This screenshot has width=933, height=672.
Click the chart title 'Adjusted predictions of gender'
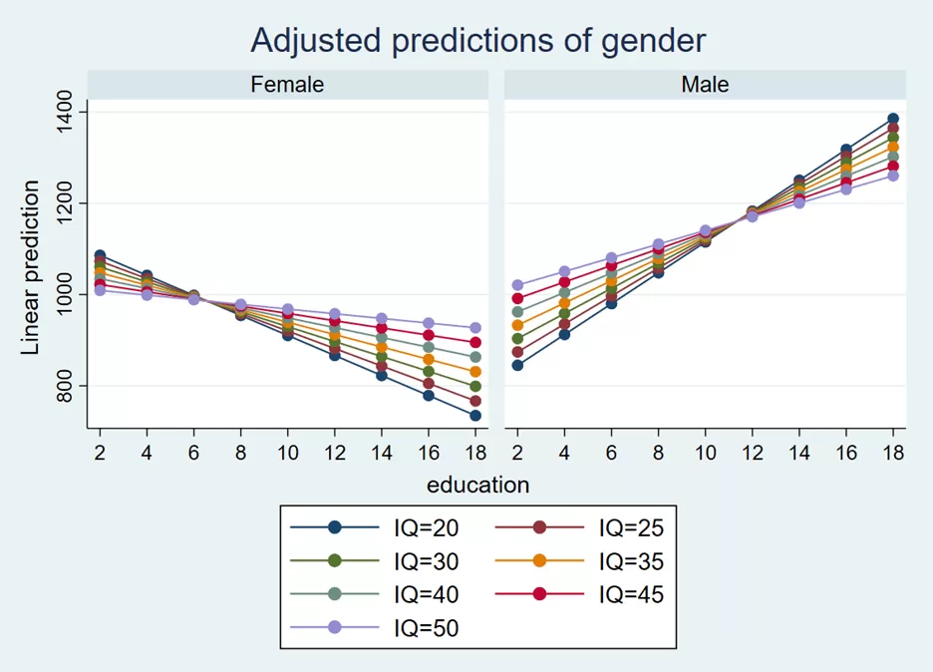477,41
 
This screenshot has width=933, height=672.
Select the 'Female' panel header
287,85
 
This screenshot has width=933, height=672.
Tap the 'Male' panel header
705,85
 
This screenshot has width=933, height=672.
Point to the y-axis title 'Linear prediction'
30,268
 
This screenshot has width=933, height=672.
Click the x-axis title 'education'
477,486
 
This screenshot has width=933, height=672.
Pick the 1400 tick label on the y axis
64,112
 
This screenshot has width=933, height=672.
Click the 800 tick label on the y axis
64,386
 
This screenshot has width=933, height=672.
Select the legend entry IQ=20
375,527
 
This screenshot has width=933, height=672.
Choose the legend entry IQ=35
579,560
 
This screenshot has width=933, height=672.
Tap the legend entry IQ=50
375,627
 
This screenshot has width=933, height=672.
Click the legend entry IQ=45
579,594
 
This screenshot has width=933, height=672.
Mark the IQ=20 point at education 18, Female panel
475,416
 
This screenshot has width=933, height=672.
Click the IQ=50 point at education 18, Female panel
475,328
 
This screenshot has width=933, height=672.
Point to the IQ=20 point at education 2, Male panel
517,365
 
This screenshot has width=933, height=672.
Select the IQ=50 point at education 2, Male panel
517,285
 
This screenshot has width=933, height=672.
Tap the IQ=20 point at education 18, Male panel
893,119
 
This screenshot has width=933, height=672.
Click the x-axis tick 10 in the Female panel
287,453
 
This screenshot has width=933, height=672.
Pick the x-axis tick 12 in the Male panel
753,453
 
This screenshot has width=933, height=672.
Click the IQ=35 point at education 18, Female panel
475,372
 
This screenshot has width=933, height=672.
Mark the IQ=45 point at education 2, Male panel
517,298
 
